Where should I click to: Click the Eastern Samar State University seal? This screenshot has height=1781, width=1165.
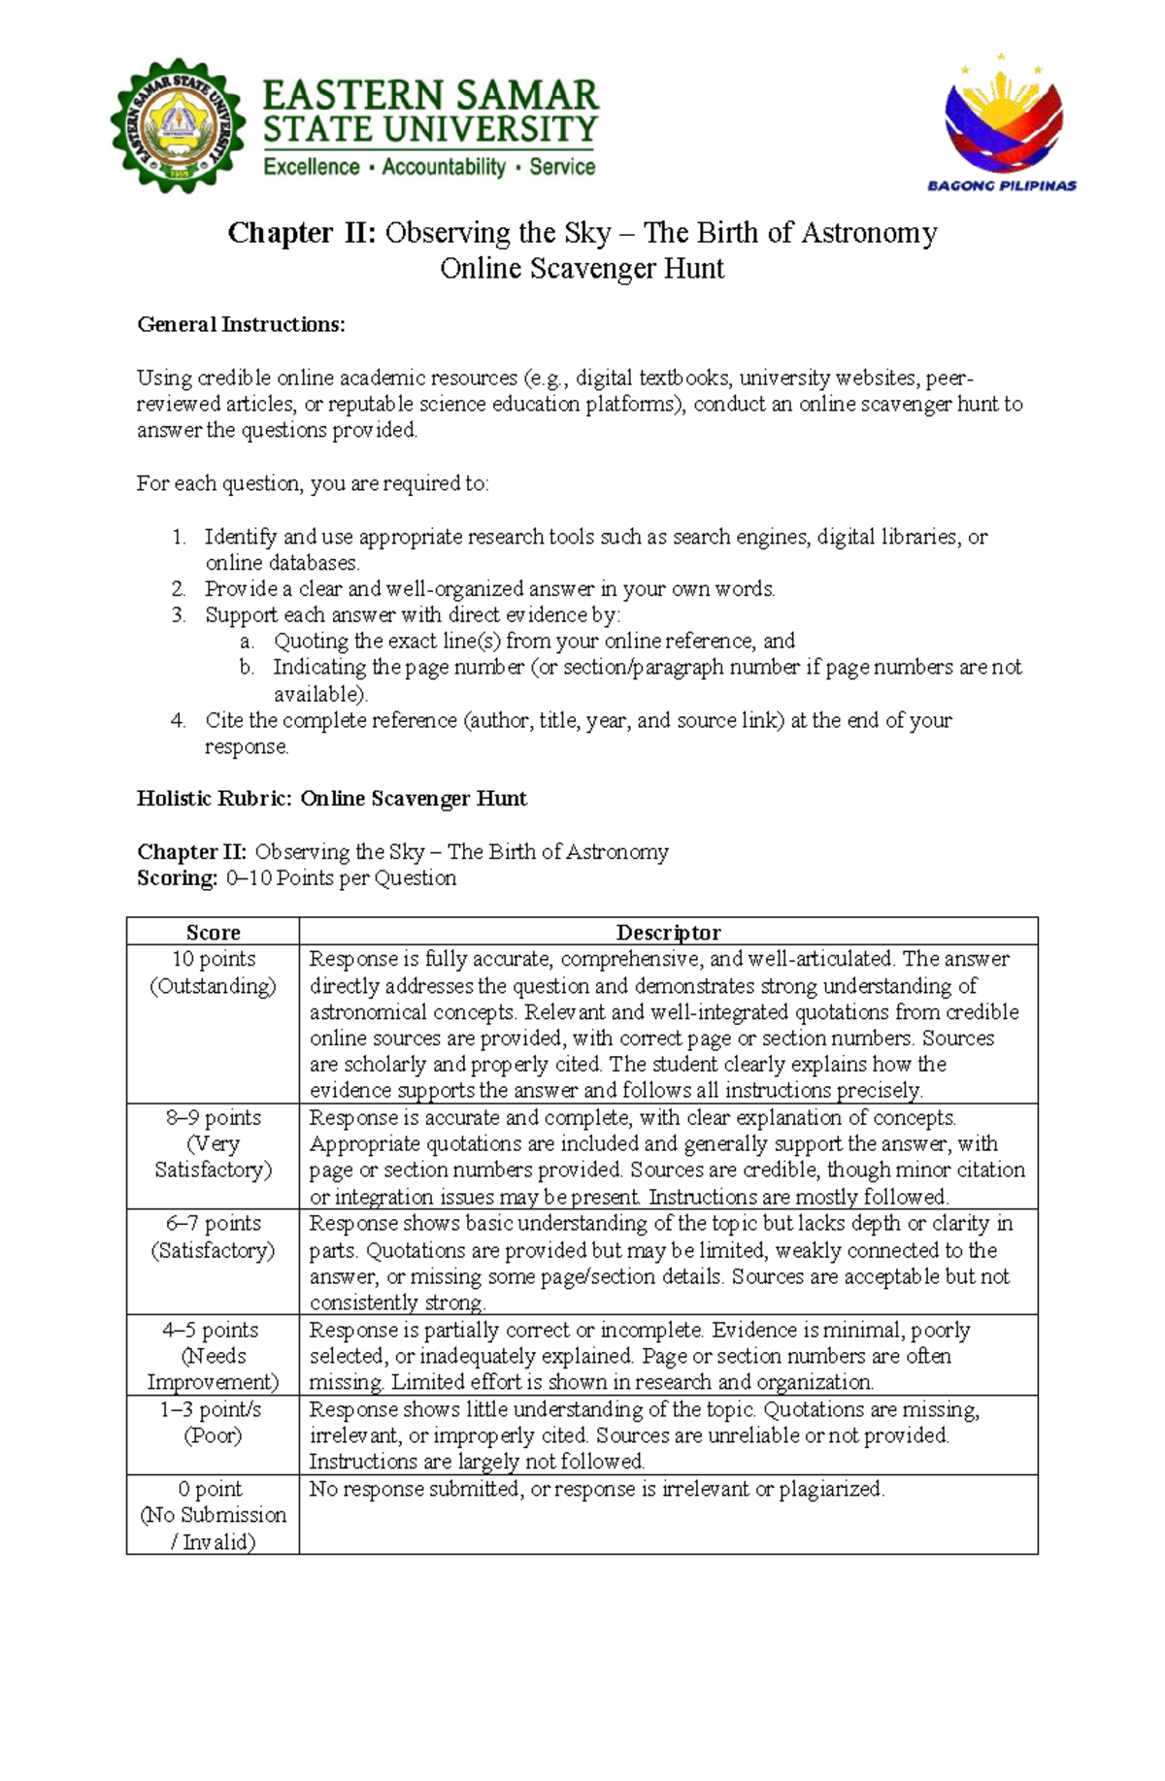pyautogui.click(x=178, y=126)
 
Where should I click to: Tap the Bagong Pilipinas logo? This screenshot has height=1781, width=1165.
pyautogui.click(x=1002, y=124)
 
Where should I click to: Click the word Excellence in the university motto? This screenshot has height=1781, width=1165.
pyautogui.click(x=312, y=167)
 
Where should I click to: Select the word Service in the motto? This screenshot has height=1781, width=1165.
pyautogui.click(x=562, y=167)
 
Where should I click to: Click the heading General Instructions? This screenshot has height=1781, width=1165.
pyautogui.click(x=241, y=324)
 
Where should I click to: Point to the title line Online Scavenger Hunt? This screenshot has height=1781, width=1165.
pyautogui.click(x=582, y=269)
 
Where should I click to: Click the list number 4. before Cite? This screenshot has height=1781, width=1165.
pyautogui.click(x=178, y=720)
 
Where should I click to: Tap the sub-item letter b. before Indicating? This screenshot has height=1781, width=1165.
pyautogui.click(x=247, y=668)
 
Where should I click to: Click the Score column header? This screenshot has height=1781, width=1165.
pyautogui.click(x=213, y=932)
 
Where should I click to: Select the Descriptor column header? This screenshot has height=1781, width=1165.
pyautogui.click(x=668, y=932)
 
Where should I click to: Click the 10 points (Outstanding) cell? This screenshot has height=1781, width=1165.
pyautogui.click(x=213, y=973)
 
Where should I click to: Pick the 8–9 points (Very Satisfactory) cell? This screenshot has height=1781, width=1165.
pyautogui.click(x=213, y=1143)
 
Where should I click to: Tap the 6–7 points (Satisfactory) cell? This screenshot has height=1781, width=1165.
pyautogui.click(x=213, y=1237)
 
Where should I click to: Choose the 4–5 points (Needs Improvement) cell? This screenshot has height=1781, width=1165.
pyautogui.click(x=213, y=1356)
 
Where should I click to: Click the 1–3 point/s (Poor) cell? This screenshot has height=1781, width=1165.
pyautogui.click(x=213, y=1422)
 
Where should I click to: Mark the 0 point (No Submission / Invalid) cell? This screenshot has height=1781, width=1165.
pyautogui.click(x=213, y=1515)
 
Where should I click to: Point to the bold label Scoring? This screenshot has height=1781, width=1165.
pyautogui.click(x=178, y=878)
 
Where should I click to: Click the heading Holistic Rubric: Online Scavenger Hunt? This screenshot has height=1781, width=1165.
pyautogui.click(x=331, y=799)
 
